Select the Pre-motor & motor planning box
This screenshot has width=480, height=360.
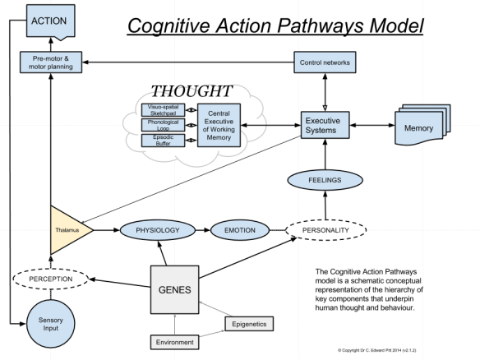[x=52, y=62]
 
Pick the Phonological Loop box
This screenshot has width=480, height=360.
[x=162, y=126]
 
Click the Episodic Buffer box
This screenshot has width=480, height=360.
[x=162, y=141]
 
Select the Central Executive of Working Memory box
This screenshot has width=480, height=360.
[x=218, y=126]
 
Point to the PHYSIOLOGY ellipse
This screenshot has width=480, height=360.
[x=158, y=231]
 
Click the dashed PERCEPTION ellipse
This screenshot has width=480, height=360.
[x=51, y=279]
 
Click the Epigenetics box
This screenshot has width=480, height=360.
[x=249, y=324]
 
